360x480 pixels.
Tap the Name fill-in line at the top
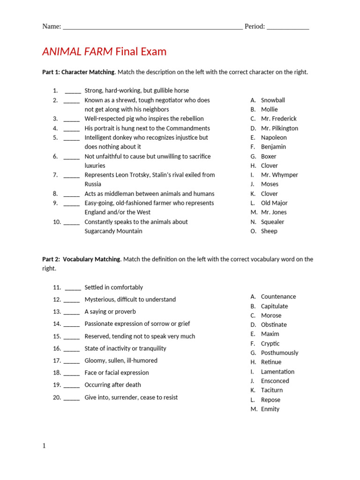[152, 27]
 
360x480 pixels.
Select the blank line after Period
[288, 27]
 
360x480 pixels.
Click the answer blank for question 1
[73, 91]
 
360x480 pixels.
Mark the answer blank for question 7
[71, 176]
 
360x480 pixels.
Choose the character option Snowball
[273, 100]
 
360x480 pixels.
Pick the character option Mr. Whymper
[279, 175]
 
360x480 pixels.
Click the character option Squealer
[272, 222]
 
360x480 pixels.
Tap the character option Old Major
[274, 203]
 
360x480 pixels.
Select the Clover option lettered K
[269, 194]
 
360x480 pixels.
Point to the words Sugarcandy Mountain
[113, 231]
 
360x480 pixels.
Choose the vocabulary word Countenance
[278, 297]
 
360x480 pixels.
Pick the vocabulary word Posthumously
[279, 353]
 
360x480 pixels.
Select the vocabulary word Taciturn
[272, 390]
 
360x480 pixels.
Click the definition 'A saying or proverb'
[110, 312]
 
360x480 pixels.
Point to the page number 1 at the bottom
[44, 446]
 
